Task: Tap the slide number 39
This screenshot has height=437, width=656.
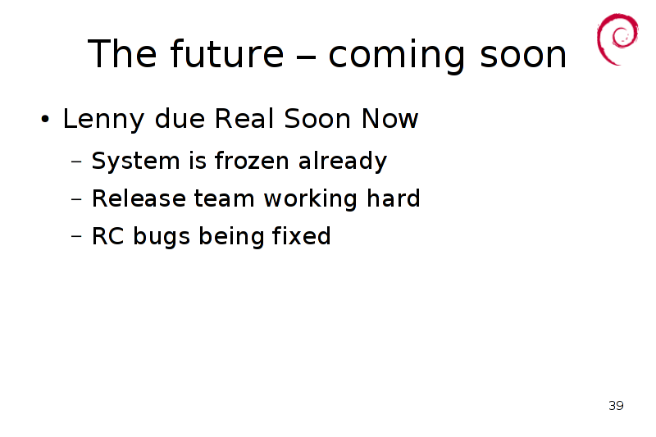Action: (x=616, y=406)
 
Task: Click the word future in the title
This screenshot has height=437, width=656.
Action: (x=227, y=53)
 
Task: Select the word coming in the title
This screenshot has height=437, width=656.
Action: (x=397, y=57)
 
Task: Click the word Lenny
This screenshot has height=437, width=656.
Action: (x=104, y=120)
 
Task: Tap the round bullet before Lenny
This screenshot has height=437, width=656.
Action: (x=45, y=119)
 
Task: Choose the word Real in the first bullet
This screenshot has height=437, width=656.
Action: (x=244, y=118)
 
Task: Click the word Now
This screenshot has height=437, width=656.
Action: (x=390, y=118)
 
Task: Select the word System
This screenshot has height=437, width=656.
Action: (x=135, y=162)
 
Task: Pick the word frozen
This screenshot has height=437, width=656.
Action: (x=252, y=160)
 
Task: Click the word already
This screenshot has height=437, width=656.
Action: (x=343, y=162)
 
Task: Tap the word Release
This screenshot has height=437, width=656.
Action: (x=139, y=198)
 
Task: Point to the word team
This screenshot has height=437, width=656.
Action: (x=224, y=198)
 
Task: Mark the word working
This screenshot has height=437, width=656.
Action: (x=311, y=199)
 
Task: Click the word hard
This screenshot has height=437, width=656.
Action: (x=394, y=198)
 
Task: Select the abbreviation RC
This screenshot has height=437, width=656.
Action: (x=108, y=236)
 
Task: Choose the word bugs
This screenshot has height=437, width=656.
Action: (x=162, y=237)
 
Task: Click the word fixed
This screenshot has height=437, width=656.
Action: (x=301, y=235)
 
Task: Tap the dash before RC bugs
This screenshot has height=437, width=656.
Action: (x=76, y=236)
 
